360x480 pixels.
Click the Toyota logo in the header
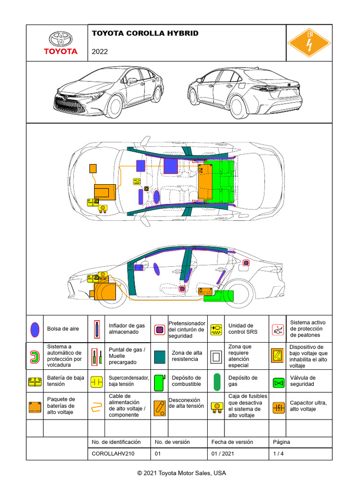[x=60, y=43]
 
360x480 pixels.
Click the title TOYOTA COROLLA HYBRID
[x=145, y=33]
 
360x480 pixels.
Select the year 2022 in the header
[x=100, y=52]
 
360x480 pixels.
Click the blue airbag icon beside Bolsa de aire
[x=34, y=330]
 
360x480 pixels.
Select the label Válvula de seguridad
[x=302, y=381]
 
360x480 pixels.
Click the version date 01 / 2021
[x=223, y=453]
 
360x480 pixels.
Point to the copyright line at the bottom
[x=181, y=472]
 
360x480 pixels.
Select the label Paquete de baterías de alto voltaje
[x=61, y=406]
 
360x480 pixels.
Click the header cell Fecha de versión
[x=232, y=442]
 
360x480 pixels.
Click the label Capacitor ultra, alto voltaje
[x=308, y=406]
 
